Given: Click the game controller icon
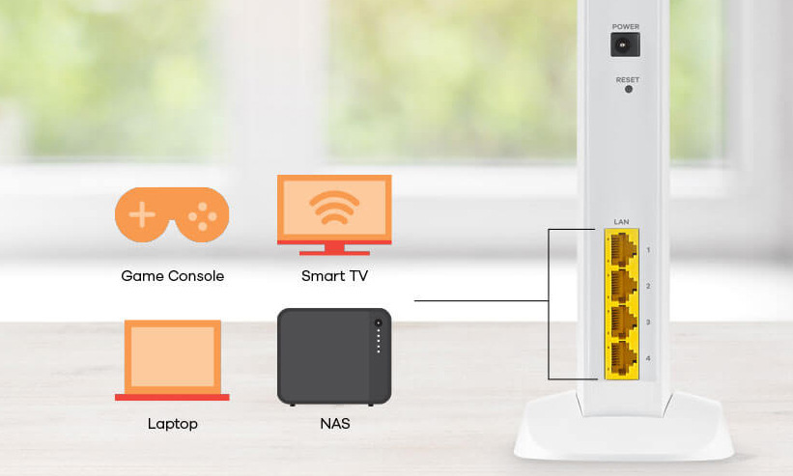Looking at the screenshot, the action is coord(172,214).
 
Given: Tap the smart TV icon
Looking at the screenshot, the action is coord(334,214).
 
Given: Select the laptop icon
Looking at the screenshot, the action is coord(172,360).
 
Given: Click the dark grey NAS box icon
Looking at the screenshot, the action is coord(334,356).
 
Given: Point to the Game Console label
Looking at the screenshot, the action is coord(173,276).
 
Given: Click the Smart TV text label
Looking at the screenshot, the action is coord(334,276).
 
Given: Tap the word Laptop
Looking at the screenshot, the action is coord(173,424).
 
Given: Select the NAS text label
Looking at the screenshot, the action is coord(335,424).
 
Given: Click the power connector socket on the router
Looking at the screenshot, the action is coord(625,44).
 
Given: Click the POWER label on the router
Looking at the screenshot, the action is coord(626,26).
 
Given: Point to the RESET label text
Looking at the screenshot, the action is coord(628,80).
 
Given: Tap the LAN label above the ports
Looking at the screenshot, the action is coord(622,222).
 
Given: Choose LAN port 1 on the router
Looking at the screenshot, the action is coord(623,248).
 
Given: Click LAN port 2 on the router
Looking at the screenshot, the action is coord(623,286).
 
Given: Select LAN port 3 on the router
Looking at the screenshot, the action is coord(623,322).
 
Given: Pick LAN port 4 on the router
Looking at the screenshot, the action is coord(623,358).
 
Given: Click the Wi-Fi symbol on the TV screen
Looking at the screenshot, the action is coord(334,208).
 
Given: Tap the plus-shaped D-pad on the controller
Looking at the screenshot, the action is coord(142,214).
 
